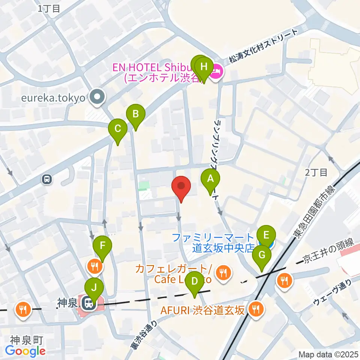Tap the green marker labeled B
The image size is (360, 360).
135,114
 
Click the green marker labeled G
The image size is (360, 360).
262,255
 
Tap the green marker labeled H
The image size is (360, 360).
204,67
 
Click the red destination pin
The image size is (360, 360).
181,186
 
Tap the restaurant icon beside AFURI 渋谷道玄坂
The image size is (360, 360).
256,309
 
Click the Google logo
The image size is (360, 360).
25,351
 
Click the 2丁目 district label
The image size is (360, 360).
316,172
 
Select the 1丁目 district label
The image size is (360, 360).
49,9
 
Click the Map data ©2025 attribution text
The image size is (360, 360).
328,354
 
